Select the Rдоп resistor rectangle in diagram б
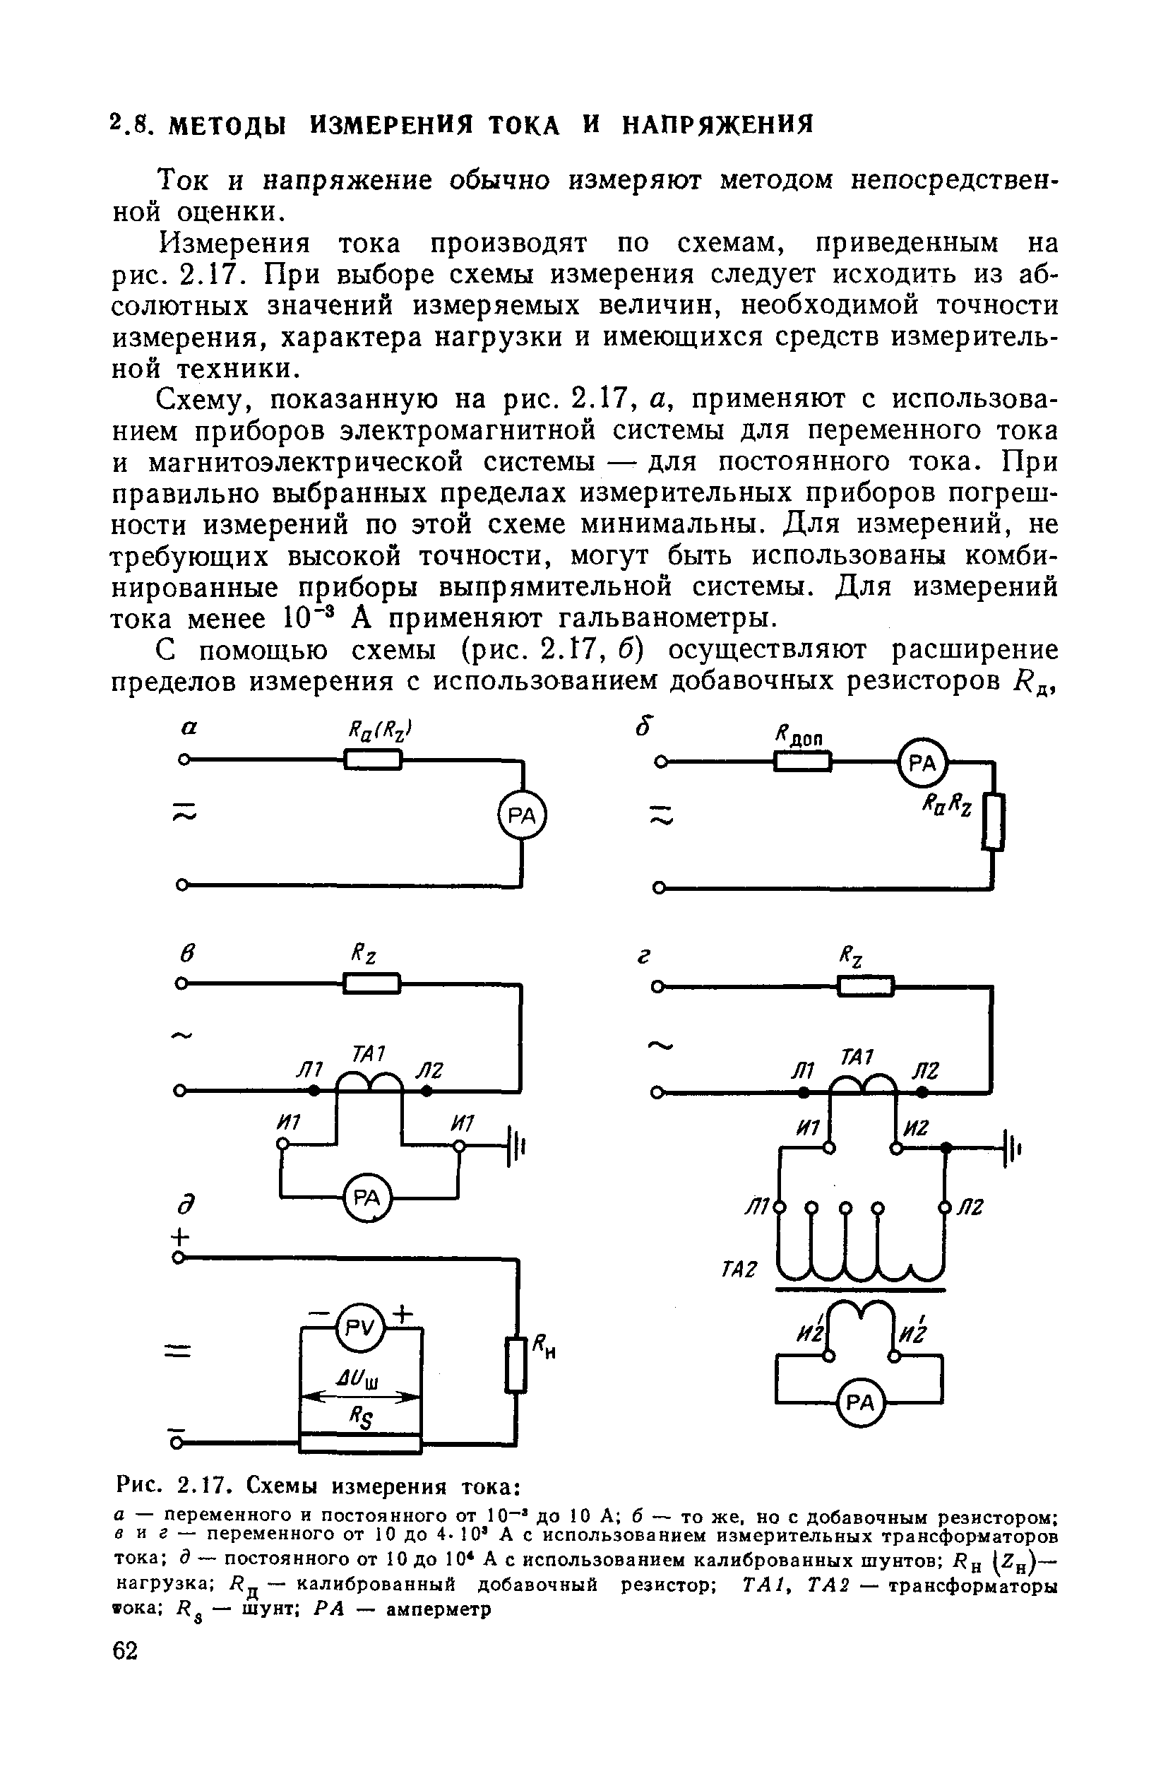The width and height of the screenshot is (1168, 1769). (x=802, y=762)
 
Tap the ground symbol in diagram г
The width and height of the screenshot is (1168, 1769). (x=1013, y=1148)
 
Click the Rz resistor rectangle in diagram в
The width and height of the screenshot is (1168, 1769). (x=371, y=984)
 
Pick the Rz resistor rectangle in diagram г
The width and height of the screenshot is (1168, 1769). (x=866, y=987)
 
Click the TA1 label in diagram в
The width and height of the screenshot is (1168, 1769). (x=368, y=1053)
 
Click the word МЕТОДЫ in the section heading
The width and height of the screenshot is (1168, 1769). (x=227, y=124)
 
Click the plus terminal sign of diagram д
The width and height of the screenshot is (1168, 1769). (x=179, y=1236)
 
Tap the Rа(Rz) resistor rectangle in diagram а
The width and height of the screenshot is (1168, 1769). (x=373, y=760)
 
